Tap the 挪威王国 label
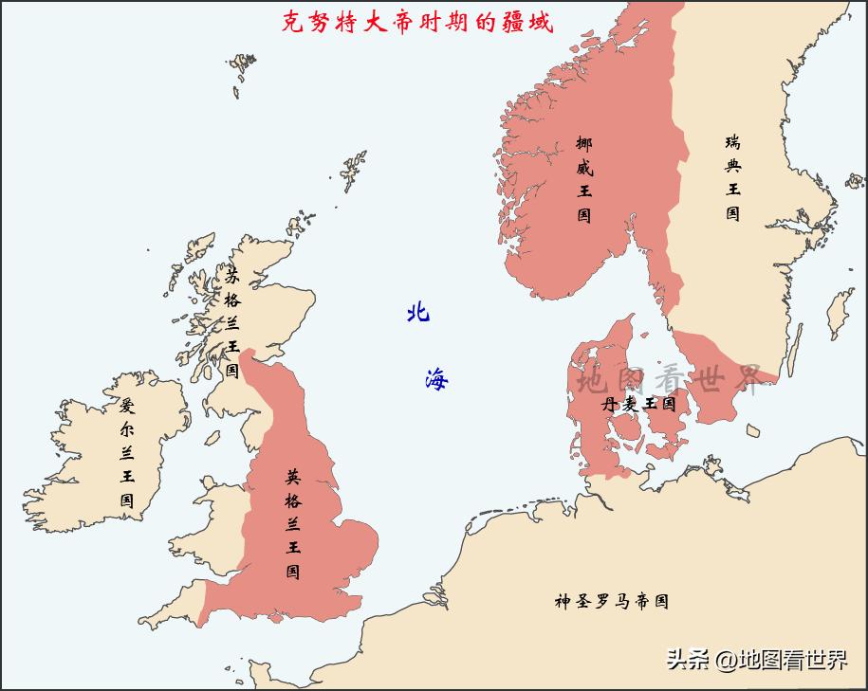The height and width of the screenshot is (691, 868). click(584, 179)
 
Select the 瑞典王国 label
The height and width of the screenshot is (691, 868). click(733, 177)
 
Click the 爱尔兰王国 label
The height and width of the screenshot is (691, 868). click(127, 452)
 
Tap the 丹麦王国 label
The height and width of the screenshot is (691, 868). click(637, 404)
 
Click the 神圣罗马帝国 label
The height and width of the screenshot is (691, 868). click(612, 601)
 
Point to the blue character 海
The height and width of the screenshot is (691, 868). click(436, 379)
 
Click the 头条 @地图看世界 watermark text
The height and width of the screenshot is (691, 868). click(756, 660)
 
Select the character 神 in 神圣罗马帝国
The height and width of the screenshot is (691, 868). click(563, 601)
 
